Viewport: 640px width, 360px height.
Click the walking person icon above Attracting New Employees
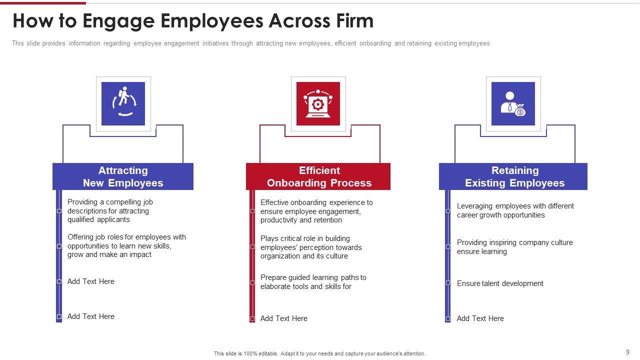pyautogui.click(x=123, y=103)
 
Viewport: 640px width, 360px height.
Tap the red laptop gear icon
pyautogui.click(x=318, y=103)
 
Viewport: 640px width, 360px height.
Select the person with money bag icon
pyautogui.click(x=513, y=103)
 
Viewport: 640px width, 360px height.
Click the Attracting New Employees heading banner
pyautogui.click(x=123, y=176)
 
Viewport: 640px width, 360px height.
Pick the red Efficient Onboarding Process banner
pyautogui.click(x=318, y=176)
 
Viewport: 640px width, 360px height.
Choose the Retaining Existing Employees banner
pyautogui.click(x=513, y=176)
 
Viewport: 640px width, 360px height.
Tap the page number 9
pyautogui.click(x=627, y=352)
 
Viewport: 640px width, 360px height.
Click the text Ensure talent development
pyautogui.click(x=500, y=283)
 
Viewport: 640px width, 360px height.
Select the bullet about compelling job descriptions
pyautogui.click(x=110, y=211)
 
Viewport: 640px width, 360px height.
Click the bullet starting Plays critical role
pyautogui.click(x=311, y=247)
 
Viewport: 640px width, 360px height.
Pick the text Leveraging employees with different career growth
pyautogui.click(x=515, y=210)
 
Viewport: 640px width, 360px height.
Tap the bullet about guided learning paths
pyautogui.click(x=313, y=282)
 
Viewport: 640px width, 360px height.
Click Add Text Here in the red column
pyautogui.click(x=283, y=318)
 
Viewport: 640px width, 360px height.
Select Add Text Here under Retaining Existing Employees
pyautogui.click(x=480, y=318)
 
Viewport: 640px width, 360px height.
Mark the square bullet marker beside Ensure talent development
pyautogui.click(x=447, y=283)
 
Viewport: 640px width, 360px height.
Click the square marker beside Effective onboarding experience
pyautogui.click(x=252, y=211)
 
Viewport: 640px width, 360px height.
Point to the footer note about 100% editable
pyautogui.click(x=319, y=353)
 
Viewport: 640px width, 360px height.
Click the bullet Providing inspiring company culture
pyautogui.click(x=515, y=247)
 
